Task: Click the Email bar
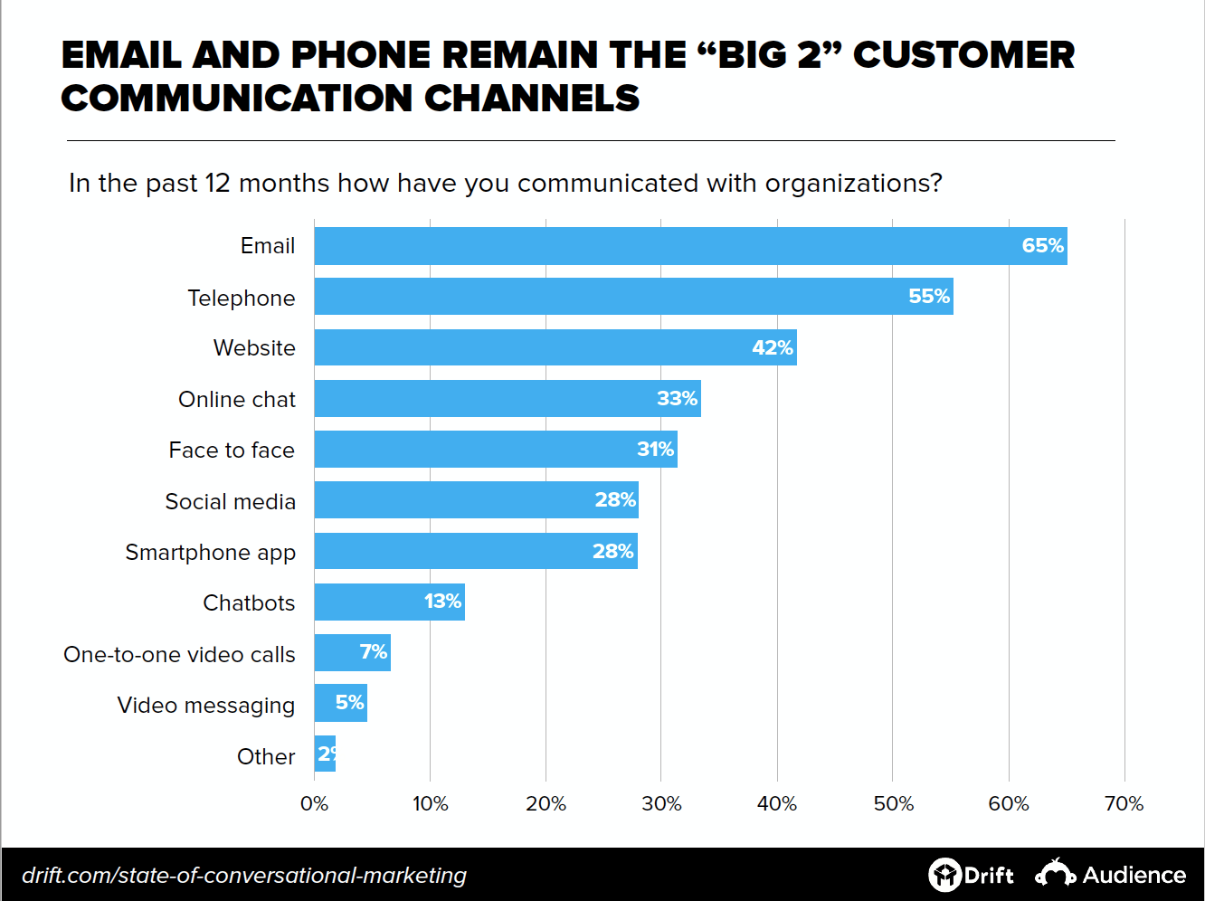coord(690,246)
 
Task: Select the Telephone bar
coord(633,297)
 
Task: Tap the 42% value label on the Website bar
coord(772,348)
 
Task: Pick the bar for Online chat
coord(507,399)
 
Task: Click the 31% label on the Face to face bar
coord(655,450)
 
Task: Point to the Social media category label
coord(230,502)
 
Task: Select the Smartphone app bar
coord(475,551)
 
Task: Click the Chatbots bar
coord(389,602)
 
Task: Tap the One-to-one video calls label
coord(179,655)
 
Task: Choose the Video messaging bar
coord(340,704)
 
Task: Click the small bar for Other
coord(325,754)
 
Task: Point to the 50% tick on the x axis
coord(893,803)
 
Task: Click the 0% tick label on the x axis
coord(314,803)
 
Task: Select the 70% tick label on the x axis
coord(1124,803)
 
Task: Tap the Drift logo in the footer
coord(971,875)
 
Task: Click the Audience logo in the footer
coord(1110,875)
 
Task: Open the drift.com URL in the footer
coord(244,876)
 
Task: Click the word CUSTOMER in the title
coord(963,55)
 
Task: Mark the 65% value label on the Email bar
coord(1042,246)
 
